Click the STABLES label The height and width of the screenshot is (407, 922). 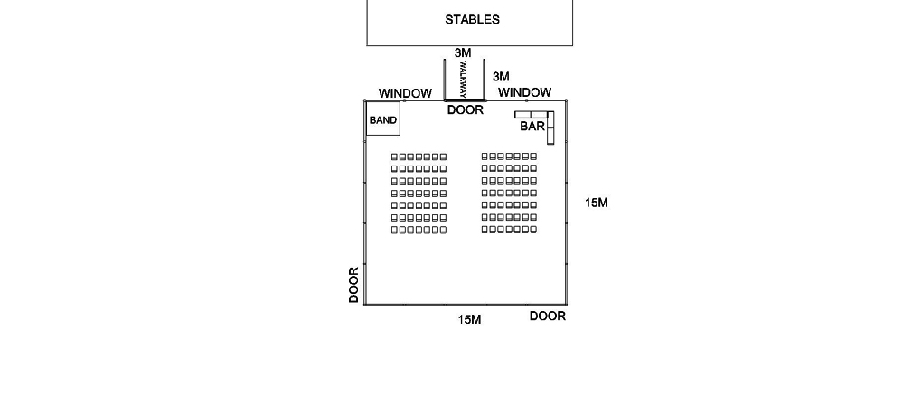(x=472, y=19)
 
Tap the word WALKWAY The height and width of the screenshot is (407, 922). (x=463, y=80)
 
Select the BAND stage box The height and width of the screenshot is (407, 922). (x=383, y=118)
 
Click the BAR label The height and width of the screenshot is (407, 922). (x=532, y=126)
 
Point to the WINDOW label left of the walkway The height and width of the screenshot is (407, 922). (x=405, y=93)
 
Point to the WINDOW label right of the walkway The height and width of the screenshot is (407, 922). (x=524, y=92)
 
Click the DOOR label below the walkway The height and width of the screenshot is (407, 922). (x=466, y=110)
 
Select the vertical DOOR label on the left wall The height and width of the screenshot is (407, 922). (x=353, y=285)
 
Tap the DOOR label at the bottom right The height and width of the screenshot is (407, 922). (x=548, y=317)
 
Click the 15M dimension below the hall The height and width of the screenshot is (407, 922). (x=469, y=319)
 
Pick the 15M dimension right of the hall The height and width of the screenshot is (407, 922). (x=597, y=203)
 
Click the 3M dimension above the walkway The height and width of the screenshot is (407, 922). (x=463, y=53)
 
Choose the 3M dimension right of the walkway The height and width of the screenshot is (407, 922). (x=501, y=77)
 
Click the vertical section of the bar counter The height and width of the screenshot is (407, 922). (x=550, y=128)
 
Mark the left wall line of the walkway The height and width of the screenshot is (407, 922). (x=444, y=80)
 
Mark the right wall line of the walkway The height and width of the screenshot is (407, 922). (x=484, y=80)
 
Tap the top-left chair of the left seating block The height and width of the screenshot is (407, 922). (x=394, y=157)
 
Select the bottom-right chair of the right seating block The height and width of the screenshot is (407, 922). (x=533, y=230)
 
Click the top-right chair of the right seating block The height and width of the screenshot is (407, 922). (x=533, y=156)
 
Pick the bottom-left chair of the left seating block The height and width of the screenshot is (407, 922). (x=394, y=231)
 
